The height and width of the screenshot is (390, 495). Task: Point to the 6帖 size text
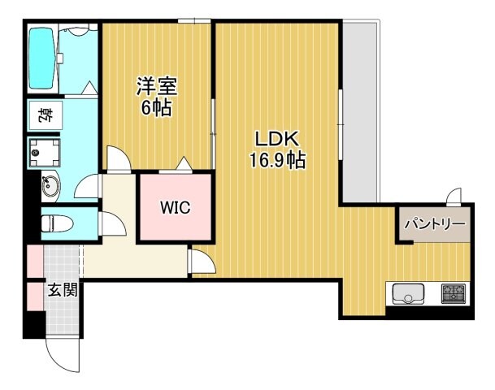[x=157, y=108]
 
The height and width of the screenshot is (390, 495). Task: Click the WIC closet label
[x=175, y=208]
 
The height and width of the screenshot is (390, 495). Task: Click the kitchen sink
[x=409, y=293]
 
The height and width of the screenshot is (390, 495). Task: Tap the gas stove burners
[x=453, y=293]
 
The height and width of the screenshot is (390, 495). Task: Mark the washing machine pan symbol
[x=40, y=151]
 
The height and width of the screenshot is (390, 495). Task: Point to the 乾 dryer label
[x=41, y=115]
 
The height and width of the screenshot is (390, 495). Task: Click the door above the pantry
[x=453, y=196]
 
